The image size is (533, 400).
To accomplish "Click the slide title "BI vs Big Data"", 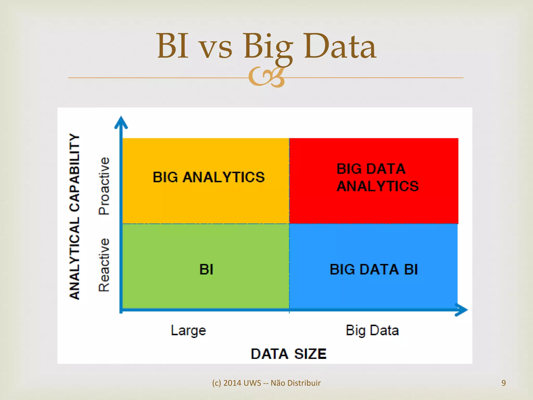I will [266, 46].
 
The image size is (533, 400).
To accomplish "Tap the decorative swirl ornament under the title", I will [266, 77].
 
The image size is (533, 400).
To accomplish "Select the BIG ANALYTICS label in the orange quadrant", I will [208, 177].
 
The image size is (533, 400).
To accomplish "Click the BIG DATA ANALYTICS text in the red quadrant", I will [377, 178].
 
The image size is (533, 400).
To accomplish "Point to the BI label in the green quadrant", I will [206, 269].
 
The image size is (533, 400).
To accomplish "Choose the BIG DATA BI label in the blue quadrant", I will [373, 269].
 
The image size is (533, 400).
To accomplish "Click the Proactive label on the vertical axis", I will [104, 186].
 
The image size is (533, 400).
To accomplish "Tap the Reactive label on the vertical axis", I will [104, 265].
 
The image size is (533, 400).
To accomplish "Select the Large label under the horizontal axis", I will [188, 331].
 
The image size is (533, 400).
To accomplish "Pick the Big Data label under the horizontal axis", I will [372, 331].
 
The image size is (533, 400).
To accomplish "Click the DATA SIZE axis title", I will [288, 354].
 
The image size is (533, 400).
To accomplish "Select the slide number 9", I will [504, 383].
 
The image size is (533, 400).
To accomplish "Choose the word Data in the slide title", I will [340, 46].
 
